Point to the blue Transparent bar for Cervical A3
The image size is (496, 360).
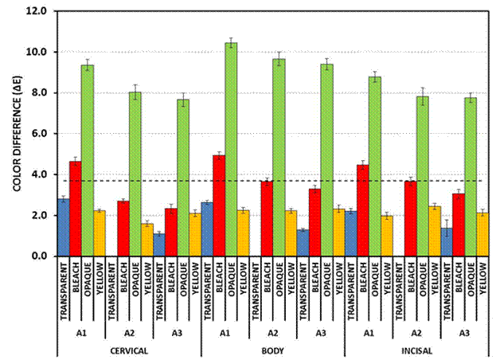[x=159, y=245]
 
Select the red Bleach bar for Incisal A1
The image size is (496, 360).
[x=362, y=210]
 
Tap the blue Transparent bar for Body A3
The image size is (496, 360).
[x=303, y=242]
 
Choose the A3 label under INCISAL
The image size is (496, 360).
[x=463, y=331]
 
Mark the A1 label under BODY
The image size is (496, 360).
[x=225, y=331]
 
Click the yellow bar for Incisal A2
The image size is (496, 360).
[x=434, y=231]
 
